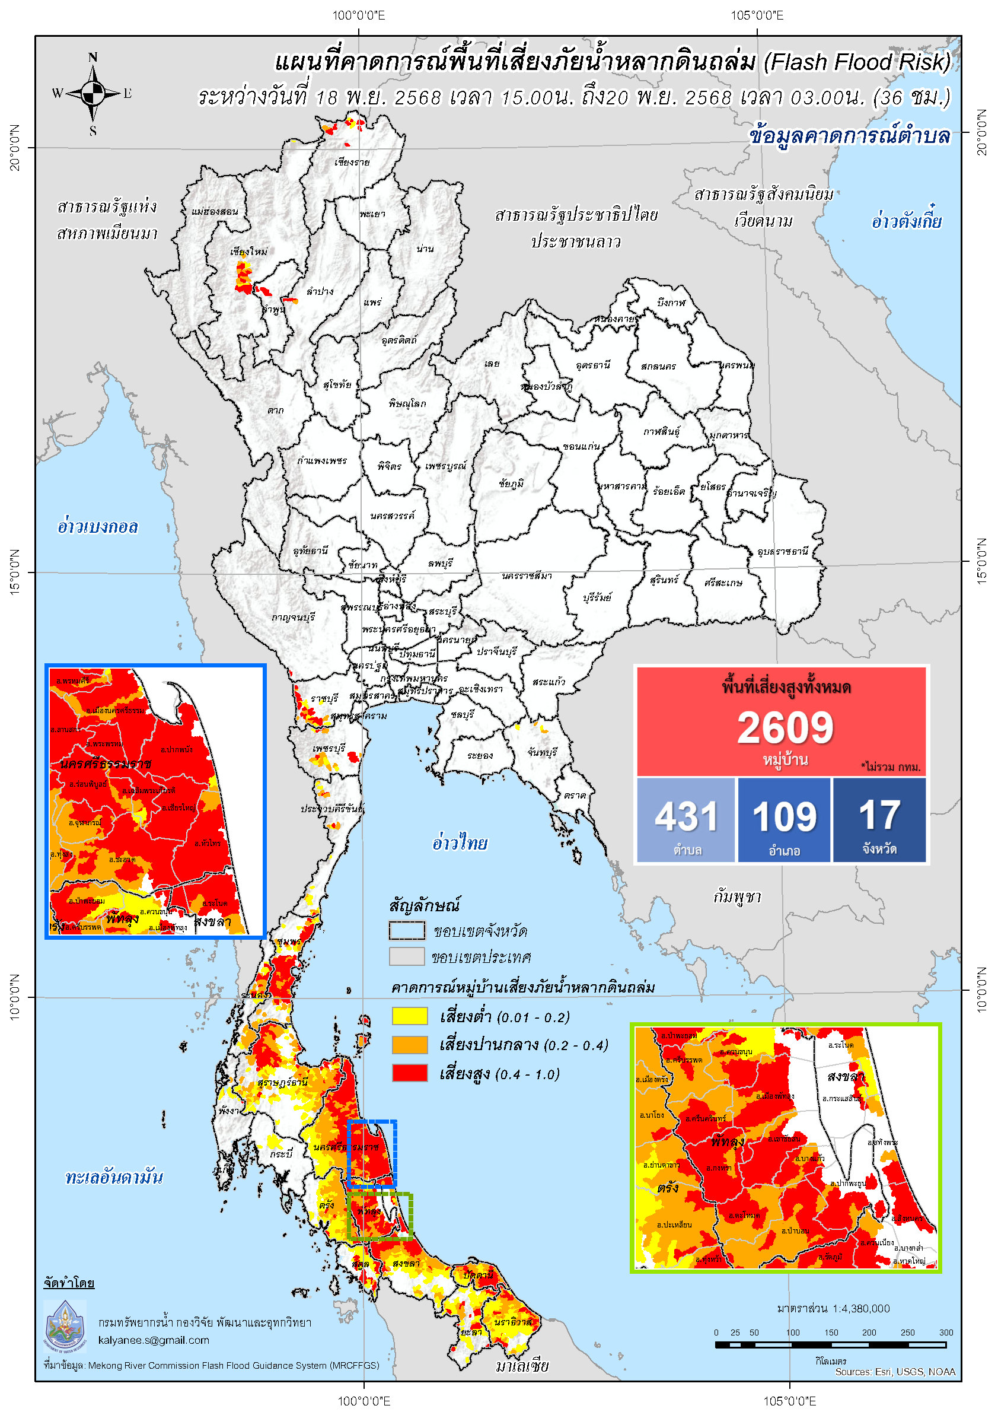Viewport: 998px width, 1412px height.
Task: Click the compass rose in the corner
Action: (93, 94)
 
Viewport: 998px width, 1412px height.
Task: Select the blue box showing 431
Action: (686, 820)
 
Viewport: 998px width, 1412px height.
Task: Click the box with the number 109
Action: (784, 820)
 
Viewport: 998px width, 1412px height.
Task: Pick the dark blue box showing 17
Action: (879, 820)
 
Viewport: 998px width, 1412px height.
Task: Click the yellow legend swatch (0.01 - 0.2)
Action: (410, 1016)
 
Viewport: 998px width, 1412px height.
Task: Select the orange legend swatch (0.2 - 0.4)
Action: (410, 1044)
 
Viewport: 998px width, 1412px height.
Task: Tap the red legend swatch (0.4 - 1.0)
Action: (410, 1073)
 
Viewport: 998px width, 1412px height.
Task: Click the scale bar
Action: (830, 1345)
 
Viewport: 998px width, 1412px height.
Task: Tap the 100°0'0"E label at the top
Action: (358, 15)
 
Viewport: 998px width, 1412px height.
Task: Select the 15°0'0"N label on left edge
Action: (15, 571)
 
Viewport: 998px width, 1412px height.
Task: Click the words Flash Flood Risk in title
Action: (857, 62)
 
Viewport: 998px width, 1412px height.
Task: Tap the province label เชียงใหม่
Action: (248, 252)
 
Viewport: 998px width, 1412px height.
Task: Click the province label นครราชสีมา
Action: (526, 575)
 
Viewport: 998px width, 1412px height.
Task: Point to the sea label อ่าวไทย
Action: (459, 842)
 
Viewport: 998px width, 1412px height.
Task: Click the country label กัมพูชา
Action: (737, 897)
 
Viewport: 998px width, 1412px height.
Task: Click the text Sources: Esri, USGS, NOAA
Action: (895, 1372)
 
